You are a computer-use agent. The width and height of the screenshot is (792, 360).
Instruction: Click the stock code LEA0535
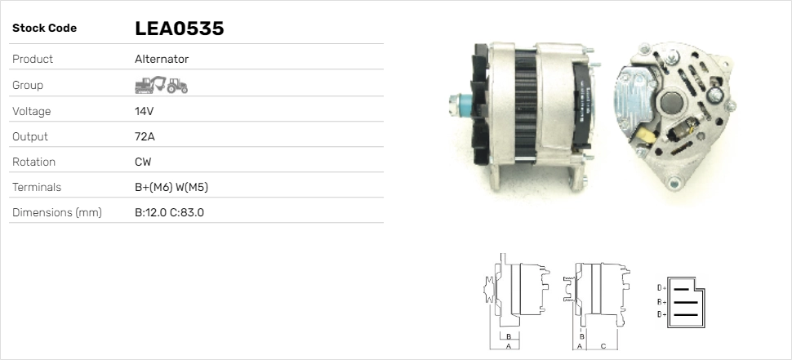[x=179, y=29]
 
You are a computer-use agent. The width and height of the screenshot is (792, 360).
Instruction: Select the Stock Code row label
[x=44, y=29]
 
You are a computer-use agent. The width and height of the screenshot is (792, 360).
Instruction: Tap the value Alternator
[x=161, y=60]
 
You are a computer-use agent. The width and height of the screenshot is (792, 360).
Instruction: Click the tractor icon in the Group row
[x=177, y=85]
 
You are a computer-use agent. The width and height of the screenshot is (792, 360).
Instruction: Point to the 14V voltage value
[x=145, y=111]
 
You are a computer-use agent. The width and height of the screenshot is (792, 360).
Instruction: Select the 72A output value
[x=145, y=136]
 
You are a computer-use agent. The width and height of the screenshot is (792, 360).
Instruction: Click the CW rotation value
[x=143, y=162]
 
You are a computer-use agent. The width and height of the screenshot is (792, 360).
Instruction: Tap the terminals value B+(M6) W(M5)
[x=171, y=187]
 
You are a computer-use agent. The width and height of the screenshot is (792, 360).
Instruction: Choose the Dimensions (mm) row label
[x=56, y=213]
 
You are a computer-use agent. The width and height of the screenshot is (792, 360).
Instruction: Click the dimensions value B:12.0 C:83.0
[x=169, y=213]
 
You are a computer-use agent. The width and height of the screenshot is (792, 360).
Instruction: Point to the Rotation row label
[x=33, y=162]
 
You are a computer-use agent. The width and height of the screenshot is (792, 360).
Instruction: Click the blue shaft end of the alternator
[x=456, y=105]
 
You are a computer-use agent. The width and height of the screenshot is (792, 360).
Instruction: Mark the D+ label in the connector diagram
[x=661, y=288]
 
